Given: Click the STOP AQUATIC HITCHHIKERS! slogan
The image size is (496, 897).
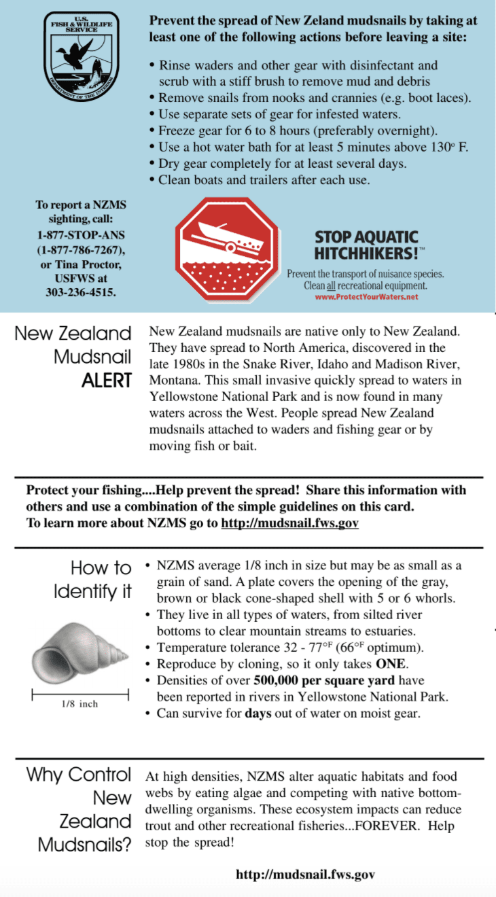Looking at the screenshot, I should click(367, 245).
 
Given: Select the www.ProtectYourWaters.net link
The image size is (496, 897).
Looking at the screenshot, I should click(366, 297).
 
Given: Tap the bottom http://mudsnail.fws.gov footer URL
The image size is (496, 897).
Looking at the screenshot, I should click(305, 874).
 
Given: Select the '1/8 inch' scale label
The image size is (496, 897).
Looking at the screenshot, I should click(79, 704).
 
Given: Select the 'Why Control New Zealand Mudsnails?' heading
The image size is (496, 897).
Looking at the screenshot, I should click(80, 810).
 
